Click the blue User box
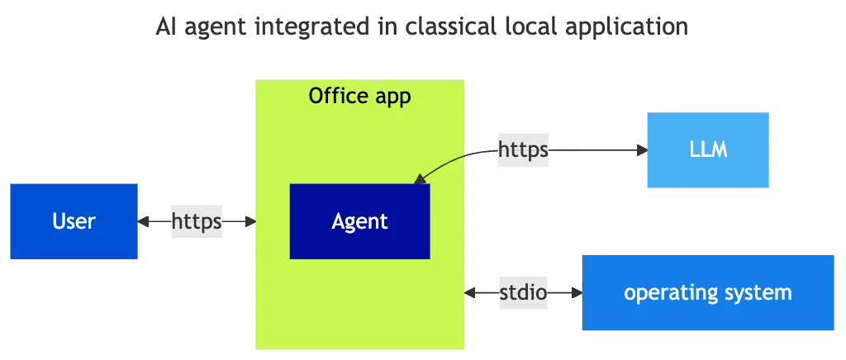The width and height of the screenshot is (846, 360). click(x=73, y=221)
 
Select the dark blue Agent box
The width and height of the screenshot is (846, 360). click(x=359, y=221)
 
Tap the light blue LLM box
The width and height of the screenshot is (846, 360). click(x=706, y=152)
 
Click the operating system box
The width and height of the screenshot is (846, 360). click(x=707, y=292)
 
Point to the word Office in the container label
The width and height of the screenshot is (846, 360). click(x=336, y=96)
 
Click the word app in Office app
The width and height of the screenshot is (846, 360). click(x=390, y=97)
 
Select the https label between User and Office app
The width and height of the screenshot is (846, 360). click(x=195, y=221)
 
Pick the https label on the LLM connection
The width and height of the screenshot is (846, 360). click(x=522, y=150)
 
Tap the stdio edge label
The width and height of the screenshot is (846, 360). click(x=522, y=292)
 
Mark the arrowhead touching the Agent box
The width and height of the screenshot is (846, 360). click(x=420, y=178)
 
